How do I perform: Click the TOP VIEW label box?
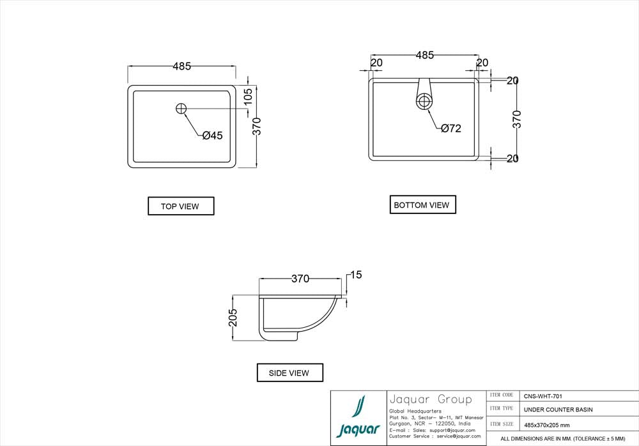pos(181,206)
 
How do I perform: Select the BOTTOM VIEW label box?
pos(422,204)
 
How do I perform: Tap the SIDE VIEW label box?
pos(290,373)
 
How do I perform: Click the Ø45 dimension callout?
pos(212,135)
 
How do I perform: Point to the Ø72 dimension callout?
pos(450,128)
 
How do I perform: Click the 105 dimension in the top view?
pos(249,96)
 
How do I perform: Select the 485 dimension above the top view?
pos(181,66)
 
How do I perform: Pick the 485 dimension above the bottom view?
pos(425,56)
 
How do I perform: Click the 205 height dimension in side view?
pos(233,318)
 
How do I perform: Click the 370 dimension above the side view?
pos(300,279)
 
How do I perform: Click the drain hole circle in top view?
pos(181,109)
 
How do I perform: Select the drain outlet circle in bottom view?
pos(424,101)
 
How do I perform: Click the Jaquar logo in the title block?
pos(358,418)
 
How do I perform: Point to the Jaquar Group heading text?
pos(429,400)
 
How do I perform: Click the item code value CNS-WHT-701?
pos(543,396)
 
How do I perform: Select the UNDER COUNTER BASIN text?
pos(558,409)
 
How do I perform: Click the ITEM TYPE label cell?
pos(502,408)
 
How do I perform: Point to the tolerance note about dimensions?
pos(562,439)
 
